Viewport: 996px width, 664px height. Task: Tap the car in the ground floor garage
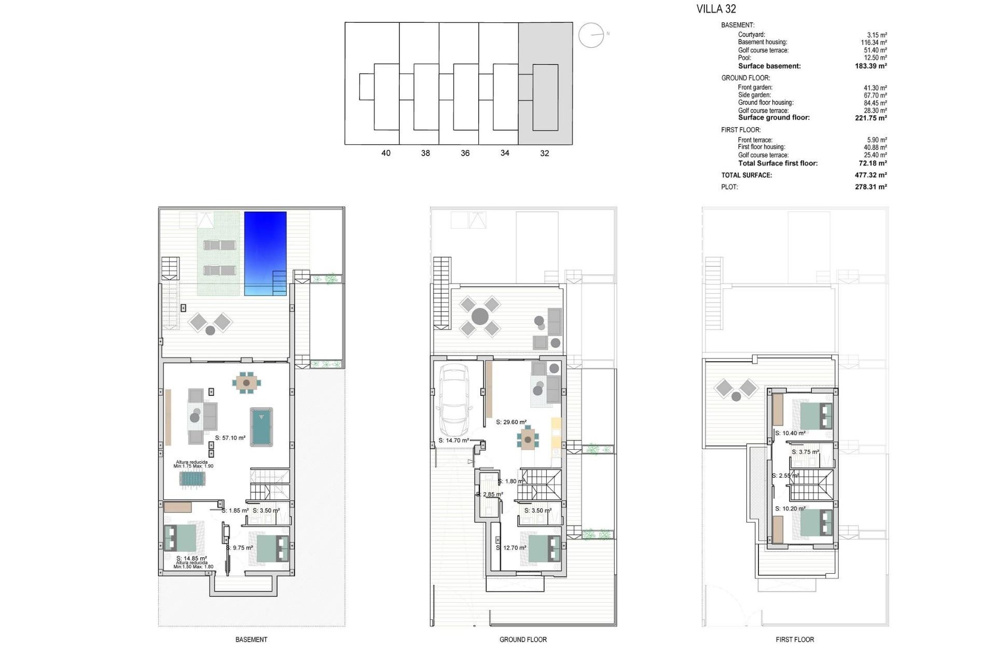454,400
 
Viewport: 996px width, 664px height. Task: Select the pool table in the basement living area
261,426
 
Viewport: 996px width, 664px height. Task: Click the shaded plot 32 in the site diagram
545,83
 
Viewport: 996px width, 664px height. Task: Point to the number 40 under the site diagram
386,153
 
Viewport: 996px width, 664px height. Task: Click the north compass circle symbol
591,35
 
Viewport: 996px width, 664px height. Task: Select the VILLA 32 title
716,9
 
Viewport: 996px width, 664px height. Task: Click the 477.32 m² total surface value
870,175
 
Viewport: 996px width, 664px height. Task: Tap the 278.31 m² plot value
870,187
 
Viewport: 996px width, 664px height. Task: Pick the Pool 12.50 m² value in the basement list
876,58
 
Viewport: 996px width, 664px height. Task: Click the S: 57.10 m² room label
230,438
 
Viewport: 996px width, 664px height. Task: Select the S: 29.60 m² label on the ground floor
511,422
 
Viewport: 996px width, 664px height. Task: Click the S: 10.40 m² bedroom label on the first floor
790,433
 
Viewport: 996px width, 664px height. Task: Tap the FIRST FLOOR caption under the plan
795,640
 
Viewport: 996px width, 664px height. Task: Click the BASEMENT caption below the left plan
251,640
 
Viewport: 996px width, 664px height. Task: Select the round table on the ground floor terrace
480,316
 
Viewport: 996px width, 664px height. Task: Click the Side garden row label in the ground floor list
754,95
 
